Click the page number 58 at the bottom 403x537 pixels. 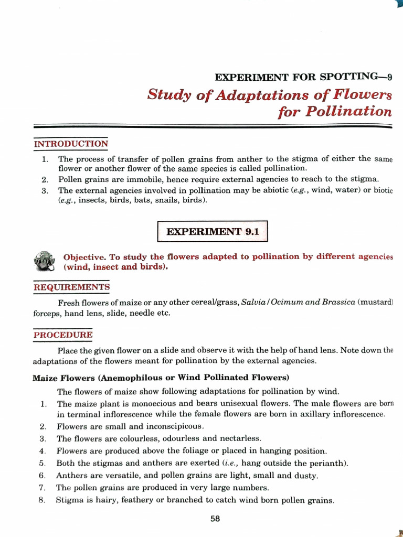pos(215,519)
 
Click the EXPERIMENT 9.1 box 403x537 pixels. pos(213,231)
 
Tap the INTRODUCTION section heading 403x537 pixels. pos(71,144)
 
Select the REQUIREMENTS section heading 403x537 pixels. pos(71,287)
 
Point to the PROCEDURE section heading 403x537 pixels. pos(63,335)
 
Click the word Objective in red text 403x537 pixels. pos(84,257)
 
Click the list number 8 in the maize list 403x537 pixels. pos(42,500)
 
